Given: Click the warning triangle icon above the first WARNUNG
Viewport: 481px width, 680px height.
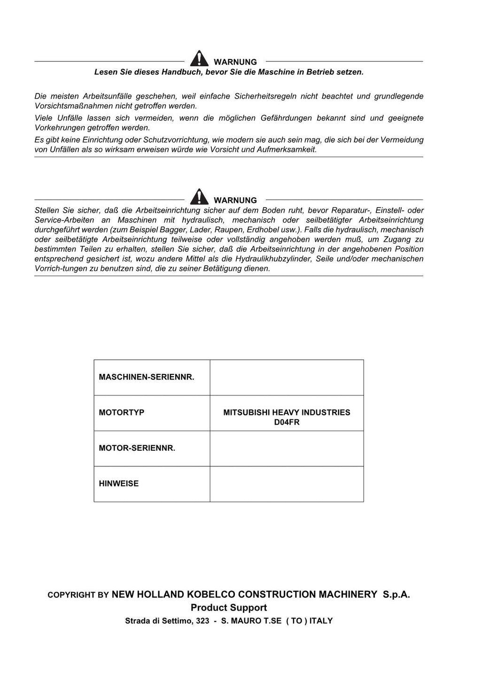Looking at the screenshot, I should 199,59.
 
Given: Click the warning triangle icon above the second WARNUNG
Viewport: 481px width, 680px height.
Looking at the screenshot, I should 199,197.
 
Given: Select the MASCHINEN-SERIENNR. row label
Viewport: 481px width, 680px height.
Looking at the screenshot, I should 147,377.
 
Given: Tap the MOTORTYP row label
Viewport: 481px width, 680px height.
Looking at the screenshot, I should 122,412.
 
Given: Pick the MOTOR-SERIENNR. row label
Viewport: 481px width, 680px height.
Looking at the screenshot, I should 137,448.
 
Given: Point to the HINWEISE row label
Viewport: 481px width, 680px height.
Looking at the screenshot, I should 119,484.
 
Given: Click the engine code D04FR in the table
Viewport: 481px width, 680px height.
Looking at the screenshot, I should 287,422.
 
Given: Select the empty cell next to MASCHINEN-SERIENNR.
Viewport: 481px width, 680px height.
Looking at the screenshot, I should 287,378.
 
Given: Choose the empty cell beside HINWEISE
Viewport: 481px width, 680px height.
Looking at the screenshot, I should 287,484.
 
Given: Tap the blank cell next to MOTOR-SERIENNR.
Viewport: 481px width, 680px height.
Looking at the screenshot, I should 287,448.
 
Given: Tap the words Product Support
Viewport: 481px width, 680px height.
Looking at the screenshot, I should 229,608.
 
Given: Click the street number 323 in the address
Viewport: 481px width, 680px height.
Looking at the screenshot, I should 202,621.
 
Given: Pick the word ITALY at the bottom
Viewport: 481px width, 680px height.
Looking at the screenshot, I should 321,621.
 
